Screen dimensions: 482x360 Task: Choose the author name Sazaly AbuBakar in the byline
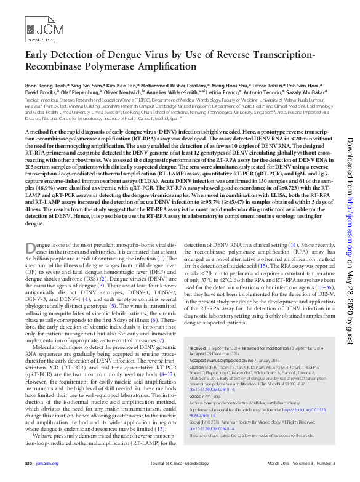pos(303,92)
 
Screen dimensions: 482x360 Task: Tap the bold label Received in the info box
pos(197,348)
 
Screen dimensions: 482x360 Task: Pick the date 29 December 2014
pos(224,355)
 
